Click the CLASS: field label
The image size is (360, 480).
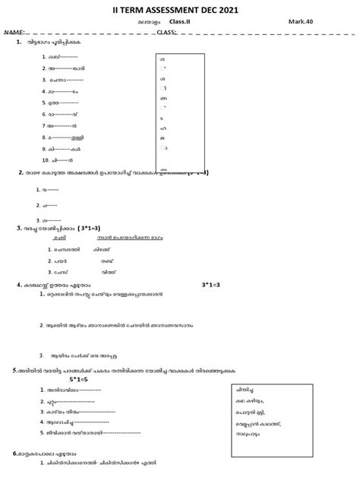(x=166, y=33)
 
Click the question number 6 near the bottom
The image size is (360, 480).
(x=15, y=453)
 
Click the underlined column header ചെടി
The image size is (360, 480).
(x=58, y=237)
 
